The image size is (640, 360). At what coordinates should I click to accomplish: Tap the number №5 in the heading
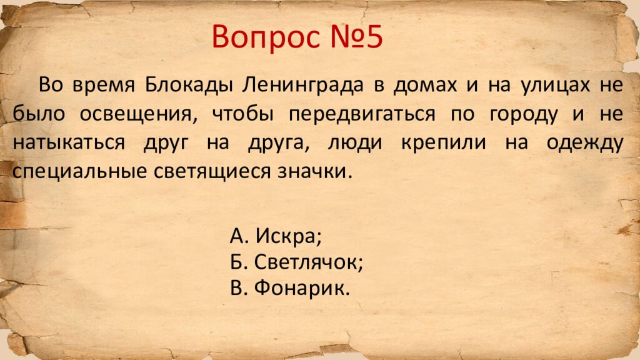[x=354, y=37]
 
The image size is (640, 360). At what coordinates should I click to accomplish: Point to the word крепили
[x=441, y=142]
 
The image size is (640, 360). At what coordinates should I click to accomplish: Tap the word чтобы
[x=244, y=114]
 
